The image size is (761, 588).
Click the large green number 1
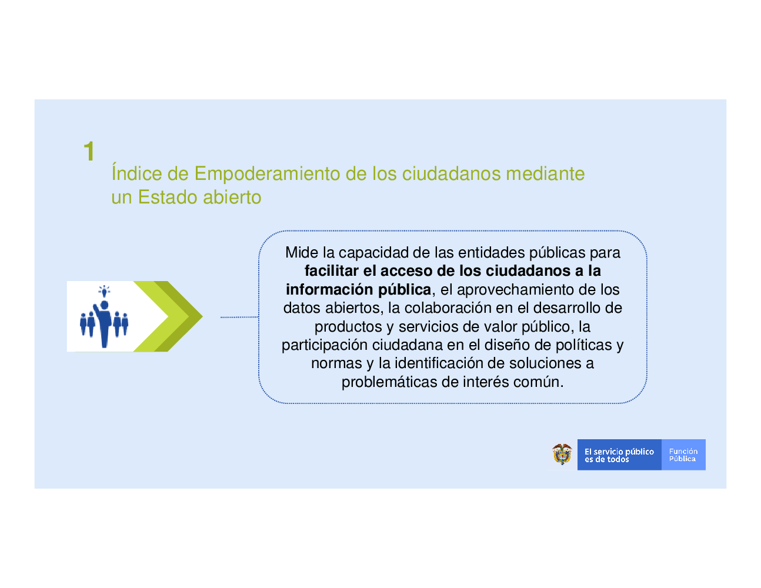coord(89,151)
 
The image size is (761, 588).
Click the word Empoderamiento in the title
coord(267,174)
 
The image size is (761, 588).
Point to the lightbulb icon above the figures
coord(104,291)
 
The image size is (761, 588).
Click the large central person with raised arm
coord(103,324)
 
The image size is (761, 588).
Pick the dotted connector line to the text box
coord(239,317)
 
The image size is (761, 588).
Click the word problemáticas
coord(389,382)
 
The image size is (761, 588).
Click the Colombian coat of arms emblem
coord(562,455)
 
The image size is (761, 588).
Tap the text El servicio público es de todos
coord(619,455)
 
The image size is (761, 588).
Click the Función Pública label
coord(683,455)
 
